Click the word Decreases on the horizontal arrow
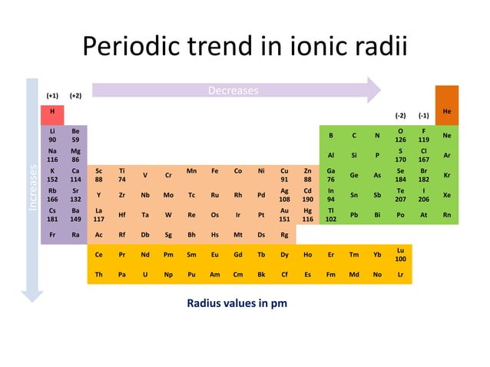coord(233,91)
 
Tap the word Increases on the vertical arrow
coord(32,186)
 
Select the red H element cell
coord(52,112)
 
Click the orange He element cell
coord(447,112)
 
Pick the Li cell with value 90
coord(52,136)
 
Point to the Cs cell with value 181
coord(52,214)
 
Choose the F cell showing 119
coord(423,136)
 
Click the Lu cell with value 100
coord(400,254)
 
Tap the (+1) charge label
coord(52,96)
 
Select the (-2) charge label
coord(400,115)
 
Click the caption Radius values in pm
coord(237,303)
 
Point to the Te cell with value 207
coord(400,194)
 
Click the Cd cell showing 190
coord(307,194)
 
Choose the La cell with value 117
coord(98,214)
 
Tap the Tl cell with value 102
coord(330,214)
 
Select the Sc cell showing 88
coord(98,175)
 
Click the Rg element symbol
coord(284,234)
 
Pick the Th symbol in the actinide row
coord(98,273)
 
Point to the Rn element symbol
coord(447,214)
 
